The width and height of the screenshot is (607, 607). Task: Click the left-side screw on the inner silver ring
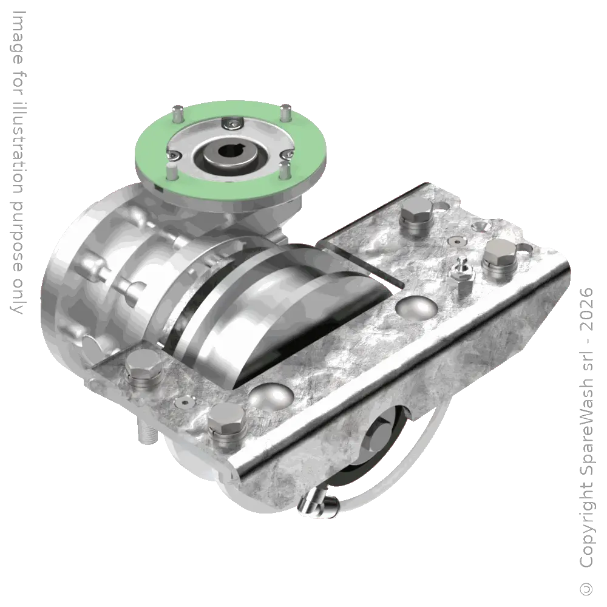pyautogui.click(x=174, y=156)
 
